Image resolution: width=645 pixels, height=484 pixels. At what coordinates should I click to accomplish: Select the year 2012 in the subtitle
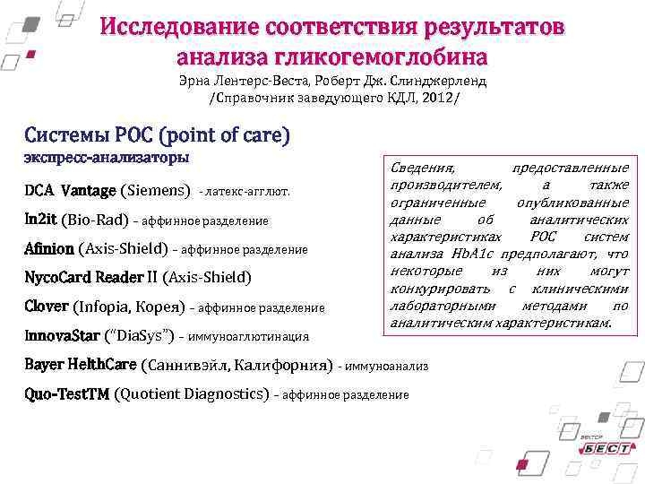tap(438, 97)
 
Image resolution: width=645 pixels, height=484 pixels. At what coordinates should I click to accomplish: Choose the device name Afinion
tap(50, 248)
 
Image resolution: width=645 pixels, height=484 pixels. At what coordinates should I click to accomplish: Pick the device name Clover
tap(47, 307)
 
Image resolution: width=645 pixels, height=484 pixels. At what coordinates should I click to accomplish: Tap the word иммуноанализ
tap(387, 366)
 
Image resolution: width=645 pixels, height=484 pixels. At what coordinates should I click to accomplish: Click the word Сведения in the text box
tap(422, 169)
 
